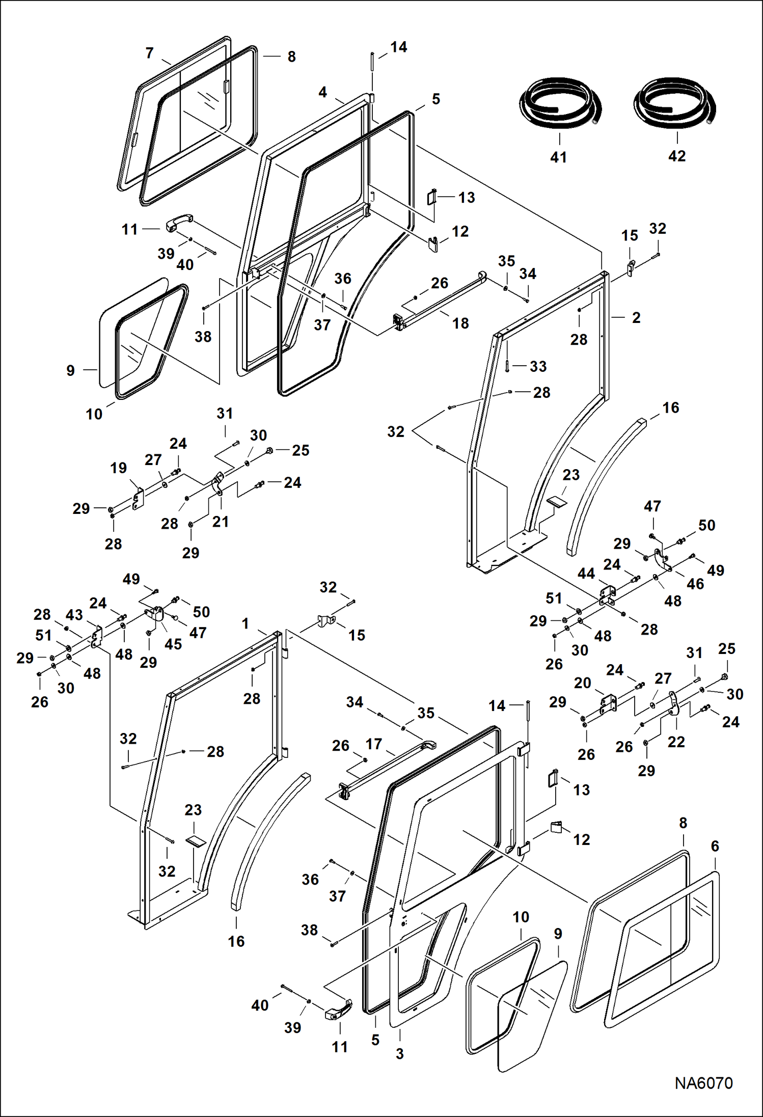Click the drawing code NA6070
(x=703, y=1083)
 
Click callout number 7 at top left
(x=149, y=53)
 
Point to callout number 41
(x=559, y=157)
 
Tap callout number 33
(x=538, y=366)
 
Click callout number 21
(x=220, y=522)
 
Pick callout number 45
(x=173, y=644)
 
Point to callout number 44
(x=586, y=574)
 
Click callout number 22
(x=676, y=742)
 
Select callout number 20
(x=582, y=683)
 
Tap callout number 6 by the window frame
(x=715, y=846)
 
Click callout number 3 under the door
(x=400, y=1054)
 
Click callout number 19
(x=119, y=468)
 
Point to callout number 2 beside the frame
(x=636, y=317)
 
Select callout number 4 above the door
(x=322, y=92)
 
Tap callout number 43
(x=74, y=615)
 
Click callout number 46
(x=695, y=584)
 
